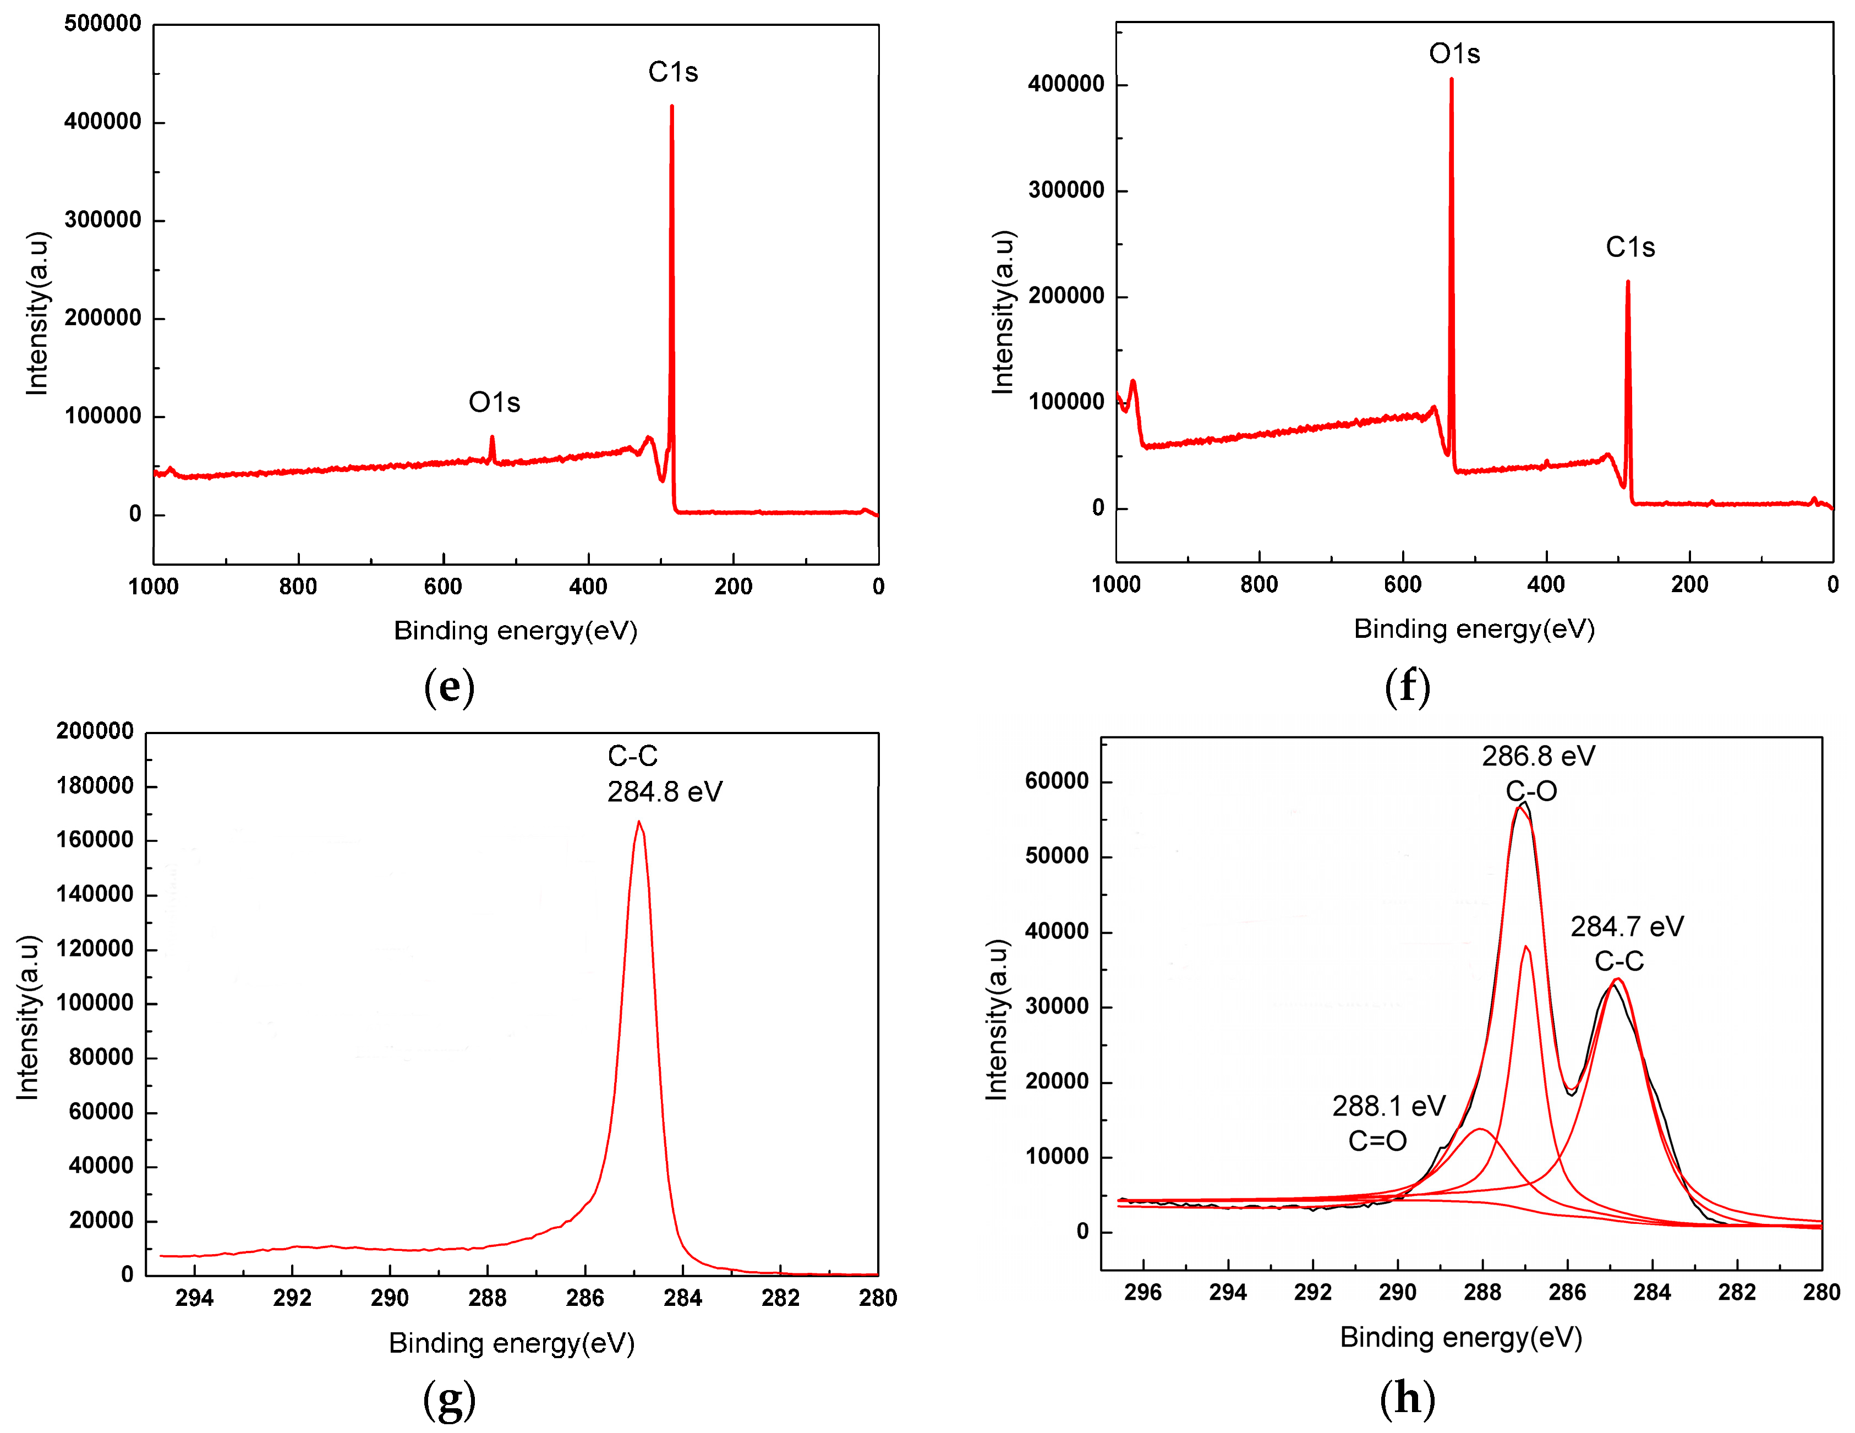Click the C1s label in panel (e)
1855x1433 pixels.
click(x=672, y=72)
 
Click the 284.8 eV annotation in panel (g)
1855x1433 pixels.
click(x=664, y=792)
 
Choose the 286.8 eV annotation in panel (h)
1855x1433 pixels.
click(x=1538, y=756)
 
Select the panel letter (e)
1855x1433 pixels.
click(x=448, y=686)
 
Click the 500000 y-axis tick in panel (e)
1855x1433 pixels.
click(x=103, y=24)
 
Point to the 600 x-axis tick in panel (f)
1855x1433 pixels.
click(x=1402, y=584)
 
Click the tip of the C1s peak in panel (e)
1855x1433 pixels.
click(x=672, y=107)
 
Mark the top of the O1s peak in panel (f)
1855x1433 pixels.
click(x=1452, y=80)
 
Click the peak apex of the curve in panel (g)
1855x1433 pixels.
click(x=639, y=822)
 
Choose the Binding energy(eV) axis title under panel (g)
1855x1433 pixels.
click(x=511, y=1343)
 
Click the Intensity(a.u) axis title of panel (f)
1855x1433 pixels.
click(x=1003, y=311)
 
